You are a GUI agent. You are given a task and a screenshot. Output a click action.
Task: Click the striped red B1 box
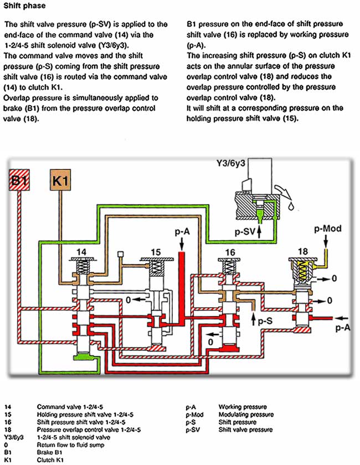[19, 180]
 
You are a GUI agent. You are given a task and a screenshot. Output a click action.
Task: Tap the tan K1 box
[60, 180]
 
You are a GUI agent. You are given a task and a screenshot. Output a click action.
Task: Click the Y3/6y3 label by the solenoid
[230, 163]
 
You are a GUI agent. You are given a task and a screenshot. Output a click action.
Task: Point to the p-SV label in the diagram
[245, 231]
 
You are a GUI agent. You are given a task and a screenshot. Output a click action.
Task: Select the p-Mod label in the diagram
[328, 229]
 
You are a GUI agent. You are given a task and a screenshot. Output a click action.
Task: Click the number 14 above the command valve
[81, 252]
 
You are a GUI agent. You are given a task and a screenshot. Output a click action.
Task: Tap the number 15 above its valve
[156, 252]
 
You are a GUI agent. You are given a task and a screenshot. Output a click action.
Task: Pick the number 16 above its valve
[230, 252]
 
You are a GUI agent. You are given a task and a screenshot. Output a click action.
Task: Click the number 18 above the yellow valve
[302, 251]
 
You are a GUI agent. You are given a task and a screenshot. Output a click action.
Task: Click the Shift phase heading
[24, 6]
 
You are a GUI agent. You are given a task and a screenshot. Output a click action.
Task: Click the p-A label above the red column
[182, 231]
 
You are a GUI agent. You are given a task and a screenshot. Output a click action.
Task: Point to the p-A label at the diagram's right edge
[343, 327]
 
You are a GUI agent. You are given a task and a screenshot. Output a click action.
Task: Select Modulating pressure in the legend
[246, 414]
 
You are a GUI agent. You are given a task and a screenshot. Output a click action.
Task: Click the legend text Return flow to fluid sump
[71, 445]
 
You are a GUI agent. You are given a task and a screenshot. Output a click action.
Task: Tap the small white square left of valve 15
[121, 254]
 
